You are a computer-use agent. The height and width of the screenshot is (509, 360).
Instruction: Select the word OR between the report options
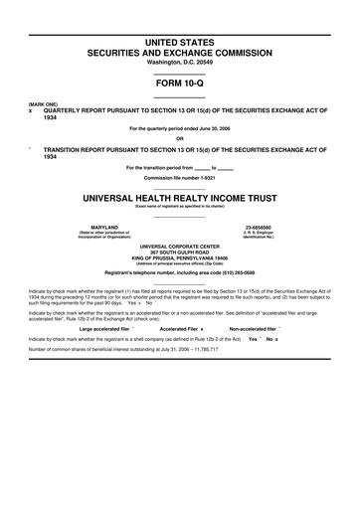pyautogui.click(x=180, y=137)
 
